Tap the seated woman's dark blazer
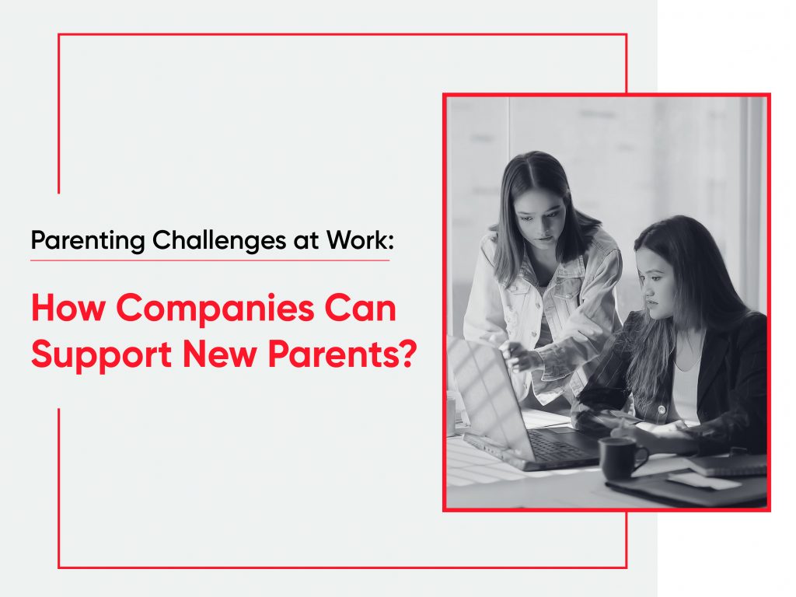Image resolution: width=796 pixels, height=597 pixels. (731, 365)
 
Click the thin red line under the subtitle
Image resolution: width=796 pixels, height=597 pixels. (210, 260)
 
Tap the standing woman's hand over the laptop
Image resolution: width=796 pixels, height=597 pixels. (519, 358)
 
